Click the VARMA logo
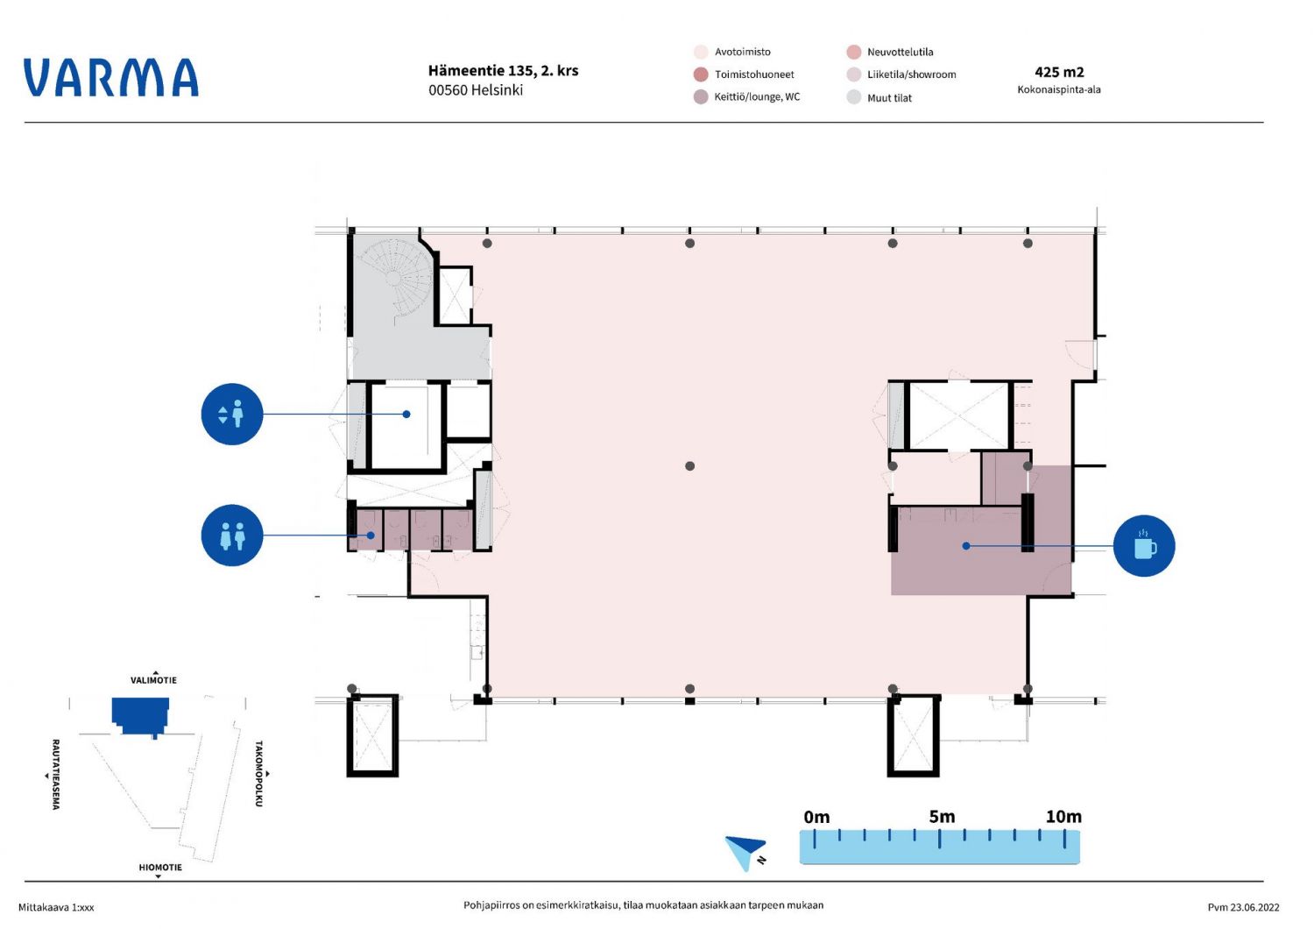[x=111, y=77]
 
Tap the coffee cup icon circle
[x=1144, y=546]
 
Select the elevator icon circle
[x=232, y=415]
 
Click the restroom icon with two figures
[x=232, y=535]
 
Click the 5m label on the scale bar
[x=942, y=816]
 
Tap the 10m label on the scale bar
[x=1063, y=816]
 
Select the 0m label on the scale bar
[x=816, y=817]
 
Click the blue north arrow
[x=745, y=852]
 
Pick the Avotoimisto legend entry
[x=732, y=52]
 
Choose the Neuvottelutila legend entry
[x=890, y=52]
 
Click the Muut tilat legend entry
[x=880, y=97]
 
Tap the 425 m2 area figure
[x=1059, y=72]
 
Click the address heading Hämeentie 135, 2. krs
[x=504, y=70]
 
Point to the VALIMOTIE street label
[x=153, y=680]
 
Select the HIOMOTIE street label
[x=160, y=868]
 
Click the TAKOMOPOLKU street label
[x=258, y=774]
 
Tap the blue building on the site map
[x=141, y=716]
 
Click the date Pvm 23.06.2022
[x=1244, y=907]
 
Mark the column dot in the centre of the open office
[x=690, y=466]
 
